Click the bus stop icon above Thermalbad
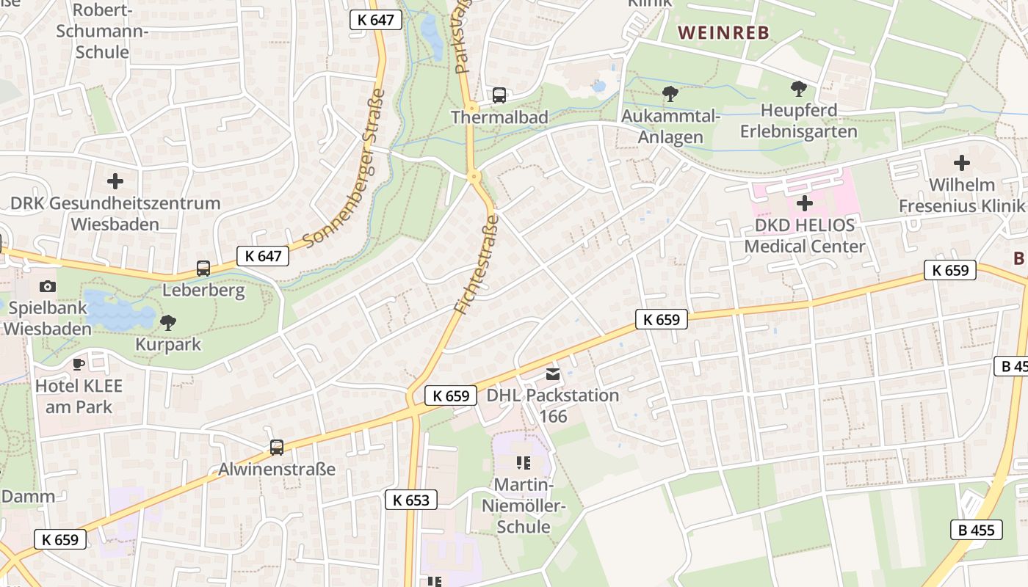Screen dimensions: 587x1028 (499, 95)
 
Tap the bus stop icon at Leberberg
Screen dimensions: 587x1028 (203, 269)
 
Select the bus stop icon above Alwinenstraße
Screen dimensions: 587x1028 (277, 447)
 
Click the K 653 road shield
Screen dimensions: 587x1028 (411, 500)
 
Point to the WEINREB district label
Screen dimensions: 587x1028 (723, 33)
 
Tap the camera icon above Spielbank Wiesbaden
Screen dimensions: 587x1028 (48, 286)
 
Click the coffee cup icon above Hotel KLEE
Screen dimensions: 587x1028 (79, 364)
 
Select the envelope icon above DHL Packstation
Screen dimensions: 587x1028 (553, 374)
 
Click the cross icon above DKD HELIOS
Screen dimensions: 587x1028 (805, 203)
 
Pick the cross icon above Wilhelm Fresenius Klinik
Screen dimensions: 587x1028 (961, 163)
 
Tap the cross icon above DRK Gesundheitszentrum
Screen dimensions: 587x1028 (115, 181)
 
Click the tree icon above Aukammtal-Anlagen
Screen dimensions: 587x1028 (670, 94)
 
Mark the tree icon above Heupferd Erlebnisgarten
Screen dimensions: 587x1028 (799, 90)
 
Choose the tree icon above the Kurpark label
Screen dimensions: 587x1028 (168, 322)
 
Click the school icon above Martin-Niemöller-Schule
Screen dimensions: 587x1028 (523, 462)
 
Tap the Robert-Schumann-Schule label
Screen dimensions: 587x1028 (103, 32)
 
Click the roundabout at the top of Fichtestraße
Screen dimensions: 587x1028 (474, 176)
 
